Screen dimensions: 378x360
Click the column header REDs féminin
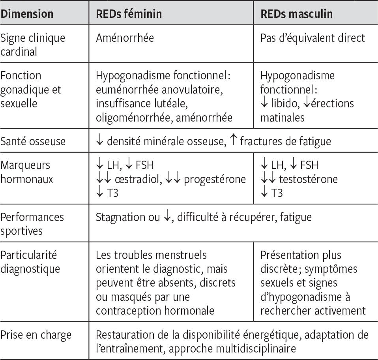[x=129, y=14]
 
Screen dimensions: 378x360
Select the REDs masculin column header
[x=296, y=14]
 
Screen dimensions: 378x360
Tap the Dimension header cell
[x=27, y=14]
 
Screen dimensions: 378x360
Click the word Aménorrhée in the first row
[x=125, y=38]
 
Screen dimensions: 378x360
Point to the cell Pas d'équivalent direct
[x=313, y=38]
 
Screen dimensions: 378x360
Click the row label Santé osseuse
[x=33, y=141]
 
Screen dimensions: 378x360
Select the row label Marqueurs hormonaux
[x=27, y=172]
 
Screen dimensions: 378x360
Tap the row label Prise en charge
[x=36, y=335]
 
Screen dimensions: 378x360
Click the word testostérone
[x=308, y=179]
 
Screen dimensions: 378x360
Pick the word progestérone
[x=215, y=179]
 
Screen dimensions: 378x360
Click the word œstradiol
[x=138, y=179]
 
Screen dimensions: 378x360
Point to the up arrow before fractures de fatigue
[x=233, y=140]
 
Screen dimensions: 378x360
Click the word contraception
[x=128, y=311]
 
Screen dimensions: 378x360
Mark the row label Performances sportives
[x=32, y=224]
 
